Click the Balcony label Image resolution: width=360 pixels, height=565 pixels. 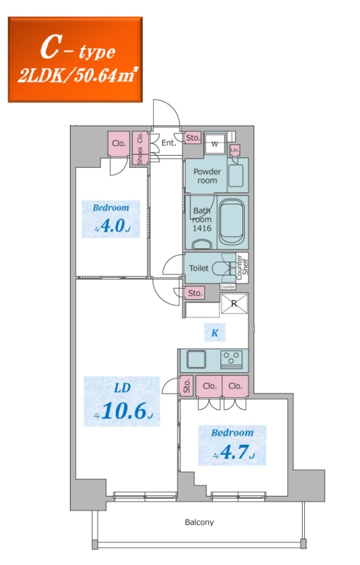(199, 522)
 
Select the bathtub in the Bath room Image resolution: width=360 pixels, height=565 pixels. (232, 222)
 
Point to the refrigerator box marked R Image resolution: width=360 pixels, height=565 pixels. (234, 304)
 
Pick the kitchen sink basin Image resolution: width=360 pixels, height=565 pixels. (196, 359)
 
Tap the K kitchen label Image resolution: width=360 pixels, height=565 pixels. (215, 333)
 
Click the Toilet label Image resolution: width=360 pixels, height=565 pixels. (198, 268)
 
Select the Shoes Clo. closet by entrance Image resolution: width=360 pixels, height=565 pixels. (140, 148)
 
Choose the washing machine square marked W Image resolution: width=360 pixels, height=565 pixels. (215, 144)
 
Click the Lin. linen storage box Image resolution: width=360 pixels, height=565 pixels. (235, 150)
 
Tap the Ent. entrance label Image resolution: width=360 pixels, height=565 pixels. (168, 143)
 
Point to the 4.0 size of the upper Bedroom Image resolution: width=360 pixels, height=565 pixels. (112, 226)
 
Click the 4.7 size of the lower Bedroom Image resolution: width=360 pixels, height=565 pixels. (235, 452)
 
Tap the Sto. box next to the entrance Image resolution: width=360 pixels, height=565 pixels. (193, 138)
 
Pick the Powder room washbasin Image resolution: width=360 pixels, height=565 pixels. (236, 176)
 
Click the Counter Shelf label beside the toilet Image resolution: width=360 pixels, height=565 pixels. (242, 267)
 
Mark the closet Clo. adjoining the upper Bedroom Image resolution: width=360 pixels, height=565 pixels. (118, 143)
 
